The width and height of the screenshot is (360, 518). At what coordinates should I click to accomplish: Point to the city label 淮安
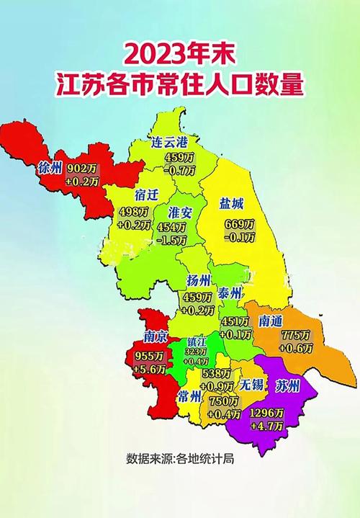pos(181,213)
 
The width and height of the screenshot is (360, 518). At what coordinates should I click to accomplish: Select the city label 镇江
pos(196,341)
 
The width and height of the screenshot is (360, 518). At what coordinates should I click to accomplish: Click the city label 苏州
pos(289,384)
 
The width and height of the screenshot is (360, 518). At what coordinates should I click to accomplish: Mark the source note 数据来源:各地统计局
pos(181,458)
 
